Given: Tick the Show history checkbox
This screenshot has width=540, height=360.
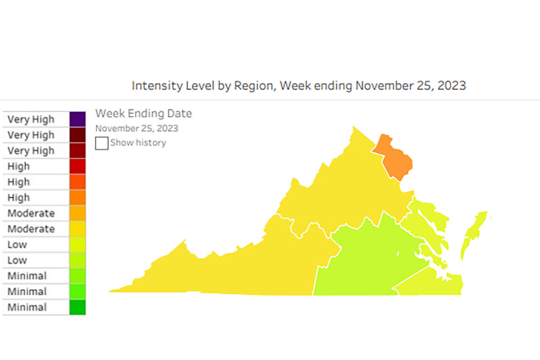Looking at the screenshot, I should click(102, 143).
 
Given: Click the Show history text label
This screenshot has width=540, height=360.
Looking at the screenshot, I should click(138, 143).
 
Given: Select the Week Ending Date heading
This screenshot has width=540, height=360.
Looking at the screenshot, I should click(144, 113).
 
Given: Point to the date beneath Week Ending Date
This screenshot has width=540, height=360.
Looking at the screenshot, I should click(136, 128).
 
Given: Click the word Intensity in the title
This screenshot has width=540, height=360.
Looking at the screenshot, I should click(157, 85).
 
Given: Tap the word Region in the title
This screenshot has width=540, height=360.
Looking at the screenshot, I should click(252, 85).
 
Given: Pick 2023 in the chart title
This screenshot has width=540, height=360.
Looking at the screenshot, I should click(450, 85).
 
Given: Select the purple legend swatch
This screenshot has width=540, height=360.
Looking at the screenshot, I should click(77, 119).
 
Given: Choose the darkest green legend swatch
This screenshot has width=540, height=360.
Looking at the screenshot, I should click(77, 307).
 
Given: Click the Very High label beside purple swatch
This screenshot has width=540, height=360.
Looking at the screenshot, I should click(31, 119).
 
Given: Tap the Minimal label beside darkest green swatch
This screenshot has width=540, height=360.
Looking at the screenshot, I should click(27, 307).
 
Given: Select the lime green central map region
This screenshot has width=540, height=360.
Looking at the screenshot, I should click(369, 261).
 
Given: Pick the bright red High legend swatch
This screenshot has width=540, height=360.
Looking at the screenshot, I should click(77, 166).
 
